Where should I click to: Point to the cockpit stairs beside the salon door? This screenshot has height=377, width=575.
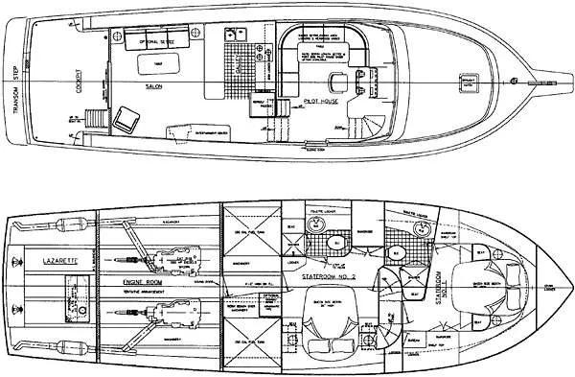coord(95,118)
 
